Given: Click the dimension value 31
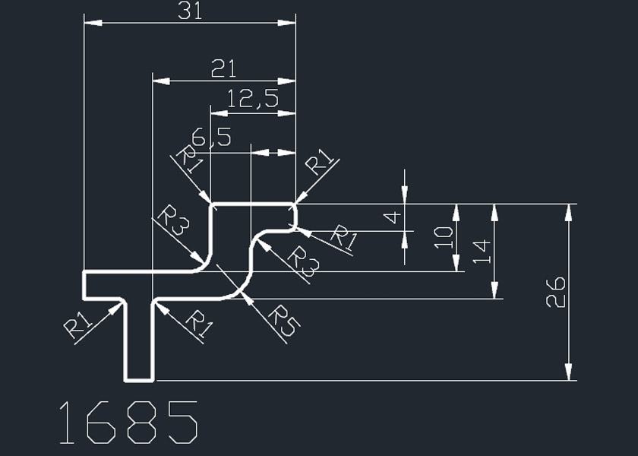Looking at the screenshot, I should pyautogui.click(x=190, y=11).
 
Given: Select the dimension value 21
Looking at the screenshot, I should pyautogui.click(x=223, y=70).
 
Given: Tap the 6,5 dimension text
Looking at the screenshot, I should pyautogui.click(x=211, y=138).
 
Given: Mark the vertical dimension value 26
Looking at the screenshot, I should pyautogui.click(x=556, y=292).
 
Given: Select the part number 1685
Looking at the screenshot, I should pyautogui.click(x=128, y=423).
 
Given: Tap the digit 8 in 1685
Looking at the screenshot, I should pyautogui.click(x=142, y=423).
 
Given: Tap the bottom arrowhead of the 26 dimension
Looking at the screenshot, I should pyautogui.click(x=568, y=372).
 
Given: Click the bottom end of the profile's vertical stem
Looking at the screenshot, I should pyautogui.click(x=139, y=378).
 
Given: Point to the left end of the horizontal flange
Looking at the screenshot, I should pyautogui.click(x=84, y=284).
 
